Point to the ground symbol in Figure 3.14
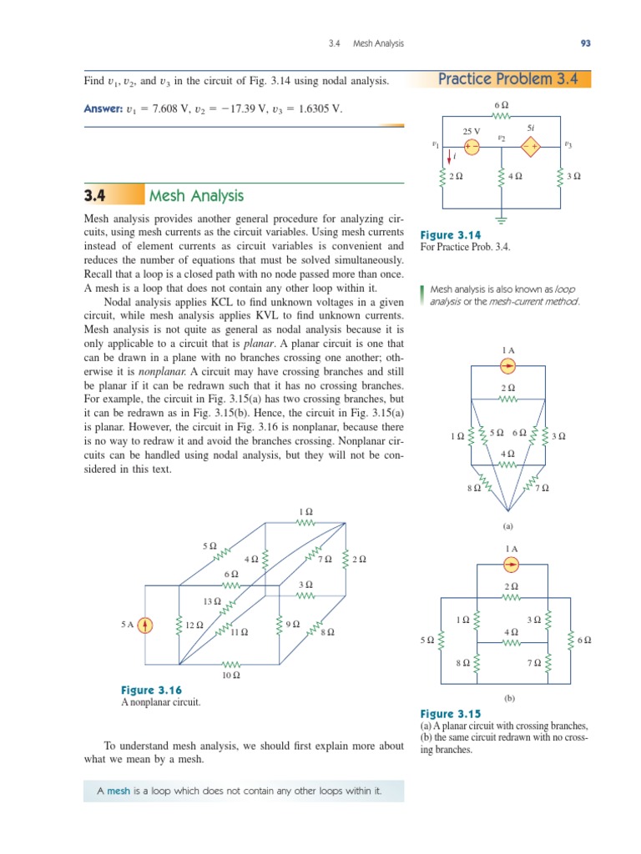pyautogui.click(x=501, y=220)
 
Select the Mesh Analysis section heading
pyautogui.click(x=196, y=196)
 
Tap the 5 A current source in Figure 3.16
pyautogui.click(x=145, y=625)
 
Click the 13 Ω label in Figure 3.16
pyautogui.click(x=212, y=600)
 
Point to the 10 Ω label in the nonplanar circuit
pyautogui.click(x=231, y=676)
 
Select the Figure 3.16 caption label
pyautogui.click(x=151, y=690)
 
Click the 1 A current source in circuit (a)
pyautogui.click(x=508, y=366)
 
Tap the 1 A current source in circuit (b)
pyautogui.click(x=512, y=565)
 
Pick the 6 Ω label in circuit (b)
pyautogui.click(x=584, y=640)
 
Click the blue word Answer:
pyautogui.click(x=103, y=109)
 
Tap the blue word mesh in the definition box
pyautogui.click(x=119, y=791)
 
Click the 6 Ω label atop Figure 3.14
pyautogui.click(x=502, y=105)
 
